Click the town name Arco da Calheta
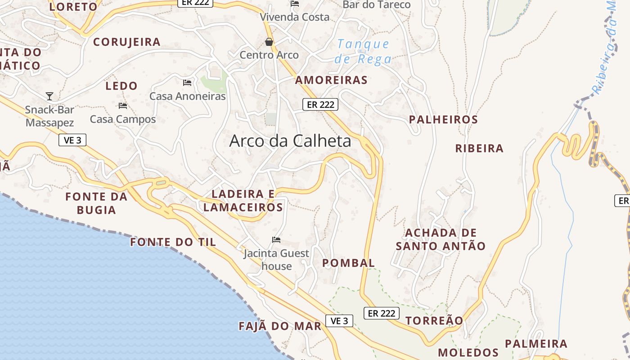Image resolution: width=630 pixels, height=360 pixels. coord(290,141)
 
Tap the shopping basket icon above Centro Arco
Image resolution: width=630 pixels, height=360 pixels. coord(269,42)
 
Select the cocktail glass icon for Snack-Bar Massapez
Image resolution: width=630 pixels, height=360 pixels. coord(49,96)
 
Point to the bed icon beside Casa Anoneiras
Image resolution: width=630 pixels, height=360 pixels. coord(187,82)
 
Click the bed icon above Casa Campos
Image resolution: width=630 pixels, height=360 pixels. coord(122,106)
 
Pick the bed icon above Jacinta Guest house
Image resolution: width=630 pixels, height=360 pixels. coord(276,240)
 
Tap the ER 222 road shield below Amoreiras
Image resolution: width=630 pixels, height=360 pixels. coord(320,104)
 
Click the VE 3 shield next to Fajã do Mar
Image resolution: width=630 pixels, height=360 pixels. coord(339,321)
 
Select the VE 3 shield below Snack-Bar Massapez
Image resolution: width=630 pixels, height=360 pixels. coord(72,140)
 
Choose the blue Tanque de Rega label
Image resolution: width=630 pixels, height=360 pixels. coord(363,51)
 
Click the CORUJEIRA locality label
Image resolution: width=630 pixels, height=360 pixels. coord(127,42)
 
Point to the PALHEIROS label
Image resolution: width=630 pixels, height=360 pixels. coord(443,120)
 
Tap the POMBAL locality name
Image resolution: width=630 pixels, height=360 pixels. coord(349,263)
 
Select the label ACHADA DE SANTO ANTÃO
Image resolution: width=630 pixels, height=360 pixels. coord(441,239)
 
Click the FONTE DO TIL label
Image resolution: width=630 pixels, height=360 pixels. coord(173,242)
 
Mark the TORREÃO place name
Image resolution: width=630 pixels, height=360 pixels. coord(434,320)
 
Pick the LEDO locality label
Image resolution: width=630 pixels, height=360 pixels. coord(121,85)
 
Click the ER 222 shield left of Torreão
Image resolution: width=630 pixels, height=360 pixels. coord(381,313)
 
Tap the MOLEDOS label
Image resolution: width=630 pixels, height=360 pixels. coord(468,352)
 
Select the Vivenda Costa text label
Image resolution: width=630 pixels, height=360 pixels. coord(295,17)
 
